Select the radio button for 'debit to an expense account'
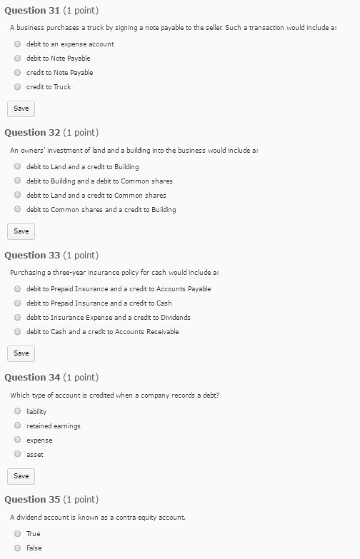[x=18, y=44]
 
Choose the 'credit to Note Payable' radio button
[x=18, y=72]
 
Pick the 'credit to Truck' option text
[x=49, y=86]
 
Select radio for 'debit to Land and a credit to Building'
[x=18, y=166]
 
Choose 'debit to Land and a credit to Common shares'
[x=18, y=195]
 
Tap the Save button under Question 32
[x=21, y=231]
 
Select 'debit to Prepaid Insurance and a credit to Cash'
[x=18, y=303]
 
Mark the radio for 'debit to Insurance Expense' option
[x=18, y=317]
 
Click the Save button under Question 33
[x=21, y=353]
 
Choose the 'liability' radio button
[x=18, y=411]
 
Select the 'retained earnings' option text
[x=54, y=425]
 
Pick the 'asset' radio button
[x=18, y=454]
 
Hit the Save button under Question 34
[x=21, y=475]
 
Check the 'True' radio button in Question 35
[x=18, y=533]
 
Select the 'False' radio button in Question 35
[x=18, y=548]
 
